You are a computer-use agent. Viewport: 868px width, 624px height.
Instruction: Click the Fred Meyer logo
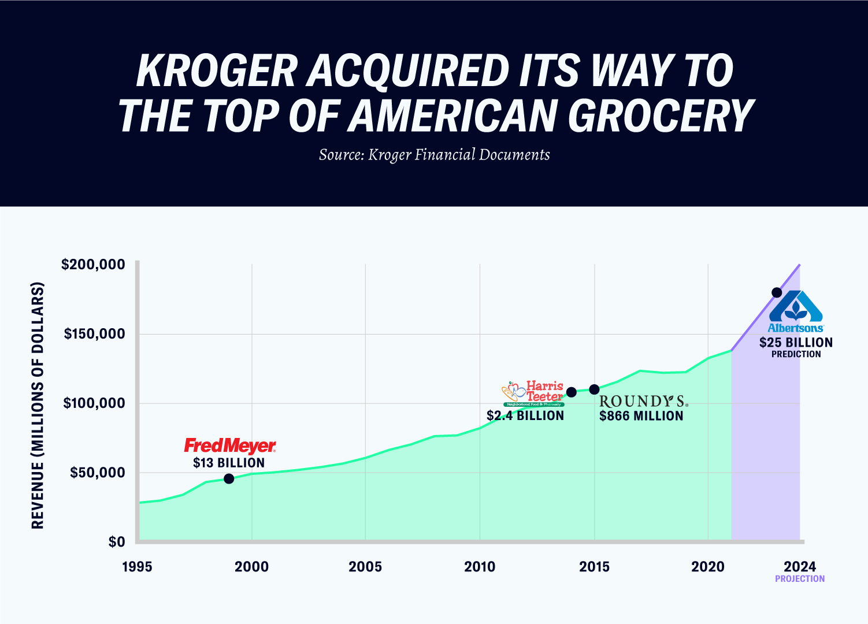(230, 445)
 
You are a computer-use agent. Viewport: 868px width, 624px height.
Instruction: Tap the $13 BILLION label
(229, 463)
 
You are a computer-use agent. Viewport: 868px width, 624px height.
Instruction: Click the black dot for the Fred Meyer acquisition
(229, 478)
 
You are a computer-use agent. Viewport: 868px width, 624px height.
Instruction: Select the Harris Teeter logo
(533, 393)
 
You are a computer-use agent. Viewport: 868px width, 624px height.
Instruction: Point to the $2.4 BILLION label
(525, 415)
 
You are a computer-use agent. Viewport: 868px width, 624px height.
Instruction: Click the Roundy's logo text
(643, 401)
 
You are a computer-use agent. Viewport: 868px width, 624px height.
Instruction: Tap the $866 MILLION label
(641, 416)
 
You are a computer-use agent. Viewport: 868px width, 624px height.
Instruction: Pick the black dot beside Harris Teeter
(572, 392)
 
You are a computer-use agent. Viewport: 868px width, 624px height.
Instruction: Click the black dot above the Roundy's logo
(594, 389)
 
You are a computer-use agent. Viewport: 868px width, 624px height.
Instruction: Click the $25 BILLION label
(796, 343)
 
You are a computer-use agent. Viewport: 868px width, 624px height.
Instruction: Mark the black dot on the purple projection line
(777, 292)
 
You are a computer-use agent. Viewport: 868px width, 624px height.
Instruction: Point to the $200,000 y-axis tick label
(93, 265)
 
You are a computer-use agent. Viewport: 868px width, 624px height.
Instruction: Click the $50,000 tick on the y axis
(97, 473)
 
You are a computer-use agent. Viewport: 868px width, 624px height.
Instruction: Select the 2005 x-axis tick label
(365, 567)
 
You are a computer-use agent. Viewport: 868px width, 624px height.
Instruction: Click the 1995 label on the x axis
(137, 567)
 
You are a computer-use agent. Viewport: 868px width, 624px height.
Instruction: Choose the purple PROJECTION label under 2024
(800, 579)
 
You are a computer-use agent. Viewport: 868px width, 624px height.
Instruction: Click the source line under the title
(434, 155)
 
